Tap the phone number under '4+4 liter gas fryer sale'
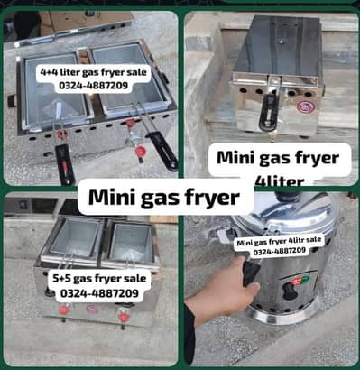(83, 86)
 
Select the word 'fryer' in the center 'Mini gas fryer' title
(212, 196)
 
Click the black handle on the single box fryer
(267, 113)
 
